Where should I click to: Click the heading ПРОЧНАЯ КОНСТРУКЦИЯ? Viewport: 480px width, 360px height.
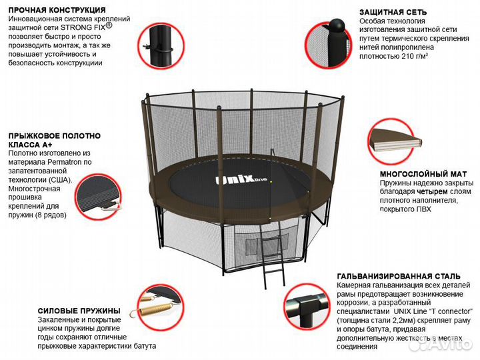coord(57,11)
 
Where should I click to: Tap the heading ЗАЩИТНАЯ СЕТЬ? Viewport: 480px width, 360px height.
coord(393,13)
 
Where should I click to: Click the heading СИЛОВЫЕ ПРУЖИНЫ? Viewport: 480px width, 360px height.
coord(79,310)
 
